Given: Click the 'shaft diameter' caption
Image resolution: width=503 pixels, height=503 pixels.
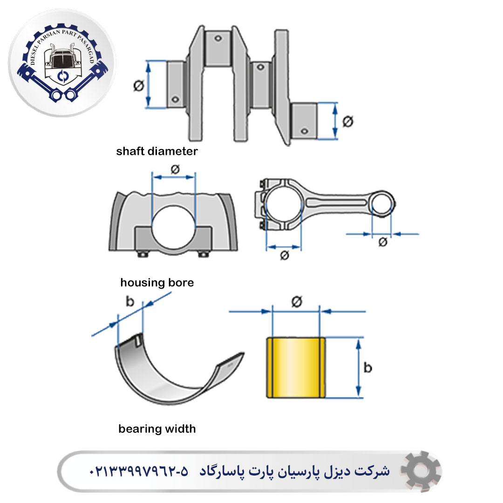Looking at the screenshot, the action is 157,151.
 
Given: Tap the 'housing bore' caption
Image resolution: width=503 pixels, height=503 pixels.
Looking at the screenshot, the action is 157,282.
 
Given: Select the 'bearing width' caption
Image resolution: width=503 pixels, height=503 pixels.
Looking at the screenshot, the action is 157,428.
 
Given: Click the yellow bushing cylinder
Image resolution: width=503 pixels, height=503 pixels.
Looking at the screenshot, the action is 296,367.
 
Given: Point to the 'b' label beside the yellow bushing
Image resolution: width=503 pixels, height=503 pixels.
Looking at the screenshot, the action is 367,367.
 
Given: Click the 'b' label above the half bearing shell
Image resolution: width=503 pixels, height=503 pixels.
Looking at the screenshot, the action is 129,301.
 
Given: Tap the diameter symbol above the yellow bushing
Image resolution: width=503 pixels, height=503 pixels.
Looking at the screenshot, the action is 297,301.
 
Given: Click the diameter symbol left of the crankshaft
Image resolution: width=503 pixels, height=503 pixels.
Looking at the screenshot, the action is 139,86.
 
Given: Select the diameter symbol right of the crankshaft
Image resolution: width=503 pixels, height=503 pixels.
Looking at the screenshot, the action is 348,121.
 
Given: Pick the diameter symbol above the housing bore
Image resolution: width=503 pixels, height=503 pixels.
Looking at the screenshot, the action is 175,169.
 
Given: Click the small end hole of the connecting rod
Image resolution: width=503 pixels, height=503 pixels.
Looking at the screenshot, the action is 382,204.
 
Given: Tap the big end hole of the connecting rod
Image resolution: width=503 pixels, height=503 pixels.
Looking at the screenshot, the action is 284,204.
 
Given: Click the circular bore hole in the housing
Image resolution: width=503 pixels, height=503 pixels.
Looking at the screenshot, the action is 173,228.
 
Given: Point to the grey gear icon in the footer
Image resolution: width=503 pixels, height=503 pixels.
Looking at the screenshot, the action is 421,471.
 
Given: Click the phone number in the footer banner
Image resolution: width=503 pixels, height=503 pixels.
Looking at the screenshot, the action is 139,471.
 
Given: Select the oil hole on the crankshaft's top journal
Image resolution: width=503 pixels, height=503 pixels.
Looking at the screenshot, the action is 218,39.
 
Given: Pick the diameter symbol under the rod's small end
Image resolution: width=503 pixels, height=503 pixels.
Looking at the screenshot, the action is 383,242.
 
